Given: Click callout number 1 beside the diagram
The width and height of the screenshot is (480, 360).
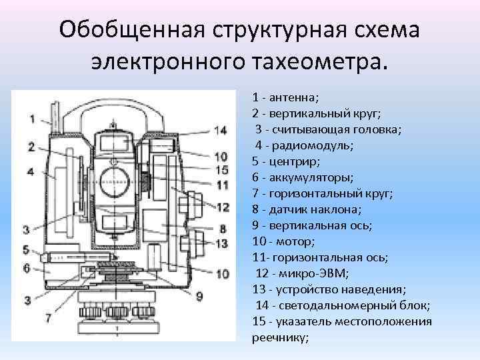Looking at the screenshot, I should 32,119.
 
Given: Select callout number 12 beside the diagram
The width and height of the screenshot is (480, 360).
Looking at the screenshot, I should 222,207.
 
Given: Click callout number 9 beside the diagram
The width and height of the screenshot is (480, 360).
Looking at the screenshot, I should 199,295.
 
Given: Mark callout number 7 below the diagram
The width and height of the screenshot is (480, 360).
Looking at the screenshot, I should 47,319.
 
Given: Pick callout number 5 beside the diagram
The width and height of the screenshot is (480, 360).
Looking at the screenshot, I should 26,250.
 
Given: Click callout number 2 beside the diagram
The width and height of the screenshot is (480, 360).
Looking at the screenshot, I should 32,147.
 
